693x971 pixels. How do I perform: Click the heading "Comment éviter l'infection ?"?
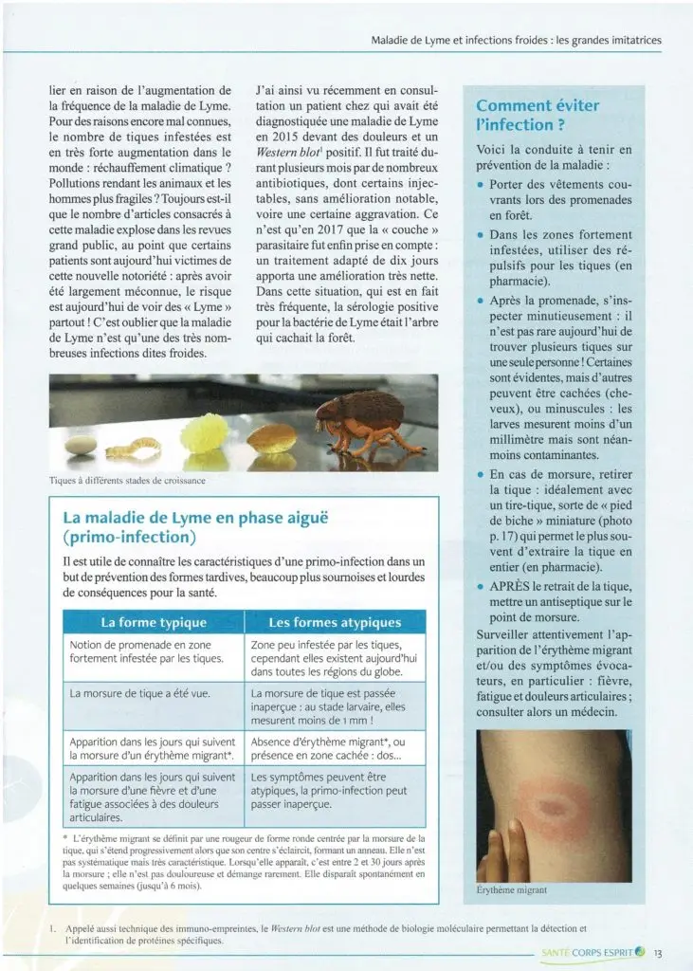tap(538, 116)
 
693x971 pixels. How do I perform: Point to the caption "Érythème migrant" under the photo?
tap(513, 890)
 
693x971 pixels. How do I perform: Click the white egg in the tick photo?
tap(79, 444)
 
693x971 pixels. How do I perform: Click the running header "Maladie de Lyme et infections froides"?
tap(502, 41)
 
